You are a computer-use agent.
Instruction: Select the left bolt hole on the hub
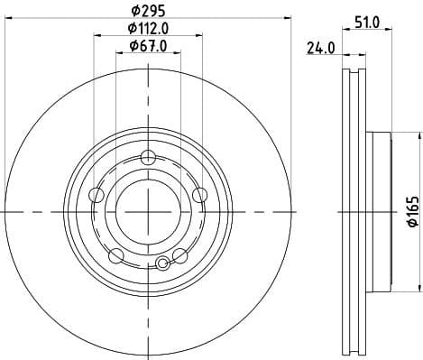click(97, 195)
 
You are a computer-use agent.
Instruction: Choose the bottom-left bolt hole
click(115, 255)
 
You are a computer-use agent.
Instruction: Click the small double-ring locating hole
click(162, 263)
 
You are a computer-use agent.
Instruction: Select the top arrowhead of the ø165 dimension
click(418, 135)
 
